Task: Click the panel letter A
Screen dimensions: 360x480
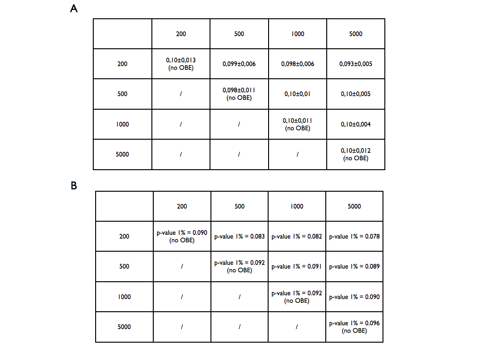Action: [74, 8]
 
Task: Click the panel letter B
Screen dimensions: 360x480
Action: [74, 186]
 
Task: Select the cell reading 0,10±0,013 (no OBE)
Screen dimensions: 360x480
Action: [181, 64]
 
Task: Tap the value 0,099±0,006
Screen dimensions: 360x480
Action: [239, 64]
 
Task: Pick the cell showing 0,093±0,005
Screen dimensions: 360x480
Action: [356, 64]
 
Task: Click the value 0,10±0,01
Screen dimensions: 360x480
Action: [297, 94]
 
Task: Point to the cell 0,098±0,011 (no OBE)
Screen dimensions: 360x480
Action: [239, 94]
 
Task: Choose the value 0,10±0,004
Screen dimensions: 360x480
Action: [356, 124]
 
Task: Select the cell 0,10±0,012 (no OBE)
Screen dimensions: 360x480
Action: [356, 154]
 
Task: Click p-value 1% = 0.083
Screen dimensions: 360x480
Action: [240, 236]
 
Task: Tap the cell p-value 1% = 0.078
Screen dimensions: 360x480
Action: [354, 236]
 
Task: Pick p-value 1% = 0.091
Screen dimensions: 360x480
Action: [297, 266]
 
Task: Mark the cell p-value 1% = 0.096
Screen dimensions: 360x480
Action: [354, 327]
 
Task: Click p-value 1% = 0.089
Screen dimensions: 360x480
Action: [354, 266]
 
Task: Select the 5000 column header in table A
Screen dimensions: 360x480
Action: [356, 34]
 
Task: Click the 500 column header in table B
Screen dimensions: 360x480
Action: [240, 206]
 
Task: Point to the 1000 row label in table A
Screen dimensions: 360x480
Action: [122, 124]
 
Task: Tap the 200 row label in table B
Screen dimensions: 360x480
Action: [124, 236]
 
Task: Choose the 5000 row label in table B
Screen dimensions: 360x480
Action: [124, 327]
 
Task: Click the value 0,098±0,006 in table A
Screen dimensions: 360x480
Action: [297, 64]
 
